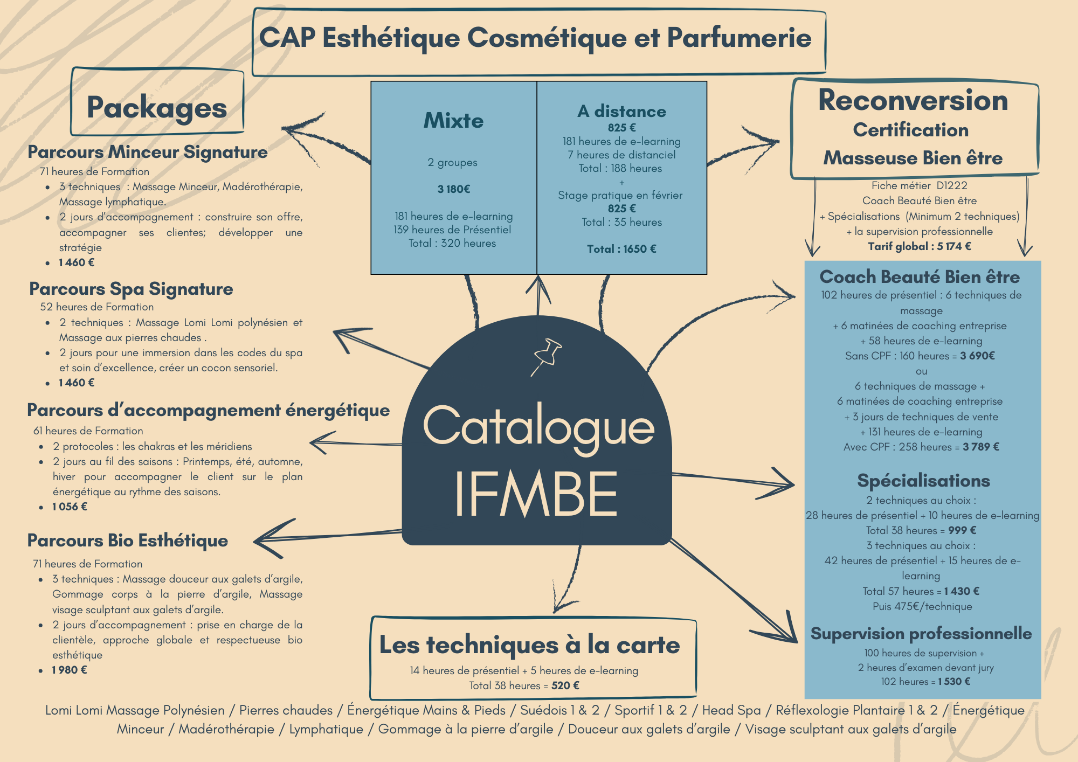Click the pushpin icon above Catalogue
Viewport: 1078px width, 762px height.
coord(547,355)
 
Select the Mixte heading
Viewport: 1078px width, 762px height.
coord(453,120)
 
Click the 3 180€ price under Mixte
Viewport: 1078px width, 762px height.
coord(453,189)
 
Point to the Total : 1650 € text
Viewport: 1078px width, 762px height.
coord(621,249)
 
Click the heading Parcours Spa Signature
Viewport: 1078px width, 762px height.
coord(131,289)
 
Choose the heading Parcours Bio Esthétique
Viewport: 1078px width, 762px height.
coord(128,541)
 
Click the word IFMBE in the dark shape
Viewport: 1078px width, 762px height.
coord(536,494)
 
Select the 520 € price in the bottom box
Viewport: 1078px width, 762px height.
coord(565,685)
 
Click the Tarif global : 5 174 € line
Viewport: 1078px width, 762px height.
coord(919,246)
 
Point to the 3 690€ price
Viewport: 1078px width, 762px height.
coord(977,356)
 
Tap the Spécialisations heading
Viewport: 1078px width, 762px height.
coord(923,481)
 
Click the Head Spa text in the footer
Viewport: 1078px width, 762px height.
coord(731,710)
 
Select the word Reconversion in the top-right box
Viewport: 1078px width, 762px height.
coord(913,100)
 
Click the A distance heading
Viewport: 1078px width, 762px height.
coord(621,112)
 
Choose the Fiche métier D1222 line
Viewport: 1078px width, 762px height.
coord(919,185)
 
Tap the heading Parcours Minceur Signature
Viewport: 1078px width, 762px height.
coord(148,152)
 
